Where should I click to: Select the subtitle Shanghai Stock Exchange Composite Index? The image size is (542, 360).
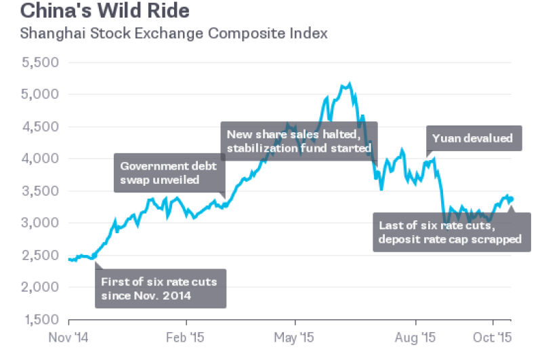pyautogui.click(x=175, y=33)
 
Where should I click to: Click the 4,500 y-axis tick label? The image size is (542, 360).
pyautogui.click(x=41, y=127)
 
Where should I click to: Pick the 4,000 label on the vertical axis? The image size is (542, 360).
pyautogui.click(x=41, y=159)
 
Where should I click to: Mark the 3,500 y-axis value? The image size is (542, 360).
pyautogui.click(x=41, y=191)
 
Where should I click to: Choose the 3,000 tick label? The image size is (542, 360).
pyautogui.click(x=41, y=223)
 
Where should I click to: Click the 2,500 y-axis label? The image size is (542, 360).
pyautogui.click(x=41, y=256)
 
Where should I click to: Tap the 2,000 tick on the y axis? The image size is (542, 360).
pyautogui.click(x=41, y=287)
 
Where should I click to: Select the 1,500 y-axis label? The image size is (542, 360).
pyautogui.click(x=41, y=319)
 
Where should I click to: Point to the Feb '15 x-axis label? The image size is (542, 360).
pyautogui.click(x=187, y=336)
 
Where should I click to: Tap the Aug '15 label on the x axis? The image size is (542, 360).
pyautogui.click(x=415, y=336)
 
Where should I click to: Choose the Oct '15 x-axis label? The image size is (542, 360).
pyautogui.click(x=493, y=336)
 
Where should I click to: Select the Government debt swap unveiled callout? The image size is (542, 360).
pyautogui.click(x=169, y=173)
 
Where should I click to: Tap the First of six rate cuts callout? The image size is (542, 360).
pyautogui.click(x=160, y=288)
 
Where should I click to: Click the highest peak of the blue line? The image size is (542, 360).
pyautogui.click(x=349, y=84)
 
